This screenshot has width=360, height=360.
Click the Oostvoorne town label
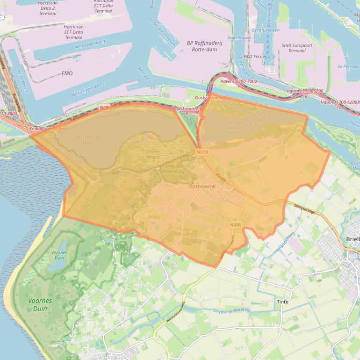202,186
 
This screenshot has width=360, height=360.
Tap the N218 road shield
202,152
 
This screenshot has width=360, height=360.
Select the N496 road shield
235,225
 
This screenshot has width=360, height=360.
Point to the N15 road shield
104,108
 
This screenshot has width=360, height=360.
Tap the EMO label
67,73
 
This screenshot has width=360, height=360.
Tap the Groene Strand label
152,154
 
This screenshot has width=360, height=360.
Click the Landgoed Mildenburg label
173,168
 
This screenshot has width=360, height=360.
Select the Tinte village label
282,302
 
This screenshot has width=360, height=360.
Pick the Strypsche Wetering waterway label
232,310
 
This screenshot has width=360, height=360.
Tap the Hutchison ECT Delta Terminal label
74,32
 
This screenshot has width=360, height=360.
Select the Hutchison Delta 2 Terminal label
48,8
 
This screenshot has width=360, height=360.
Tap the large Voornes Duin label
40,305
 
